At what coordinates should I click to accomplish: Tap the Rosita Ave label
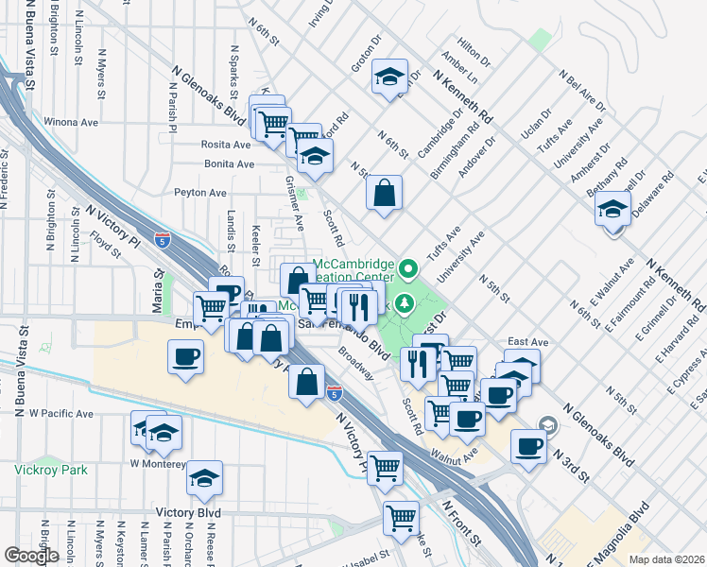click(x=225, y=145)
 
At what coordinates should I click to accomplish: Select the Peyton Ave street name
click(x=200, y=193)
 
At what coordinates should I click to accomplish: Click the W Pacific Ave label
click(x=61, y=414)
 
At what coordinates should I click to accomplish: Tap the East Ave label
click(x=527, y=341)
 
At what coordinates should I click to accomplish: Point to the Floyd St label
click(x=106, y=249)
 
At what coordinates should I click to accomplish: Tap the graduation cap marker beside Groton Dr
click(x=388, y=77)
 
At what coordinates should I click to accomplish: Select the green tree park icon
click(x=405, y=302)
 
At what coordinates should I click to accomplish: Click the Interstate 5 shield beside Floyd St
click(x=164, y=240)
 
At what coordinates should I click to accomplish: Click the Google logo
click(x=31, y=556)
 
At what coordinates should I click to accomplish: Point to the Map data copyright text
click(x=667, y=559)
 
